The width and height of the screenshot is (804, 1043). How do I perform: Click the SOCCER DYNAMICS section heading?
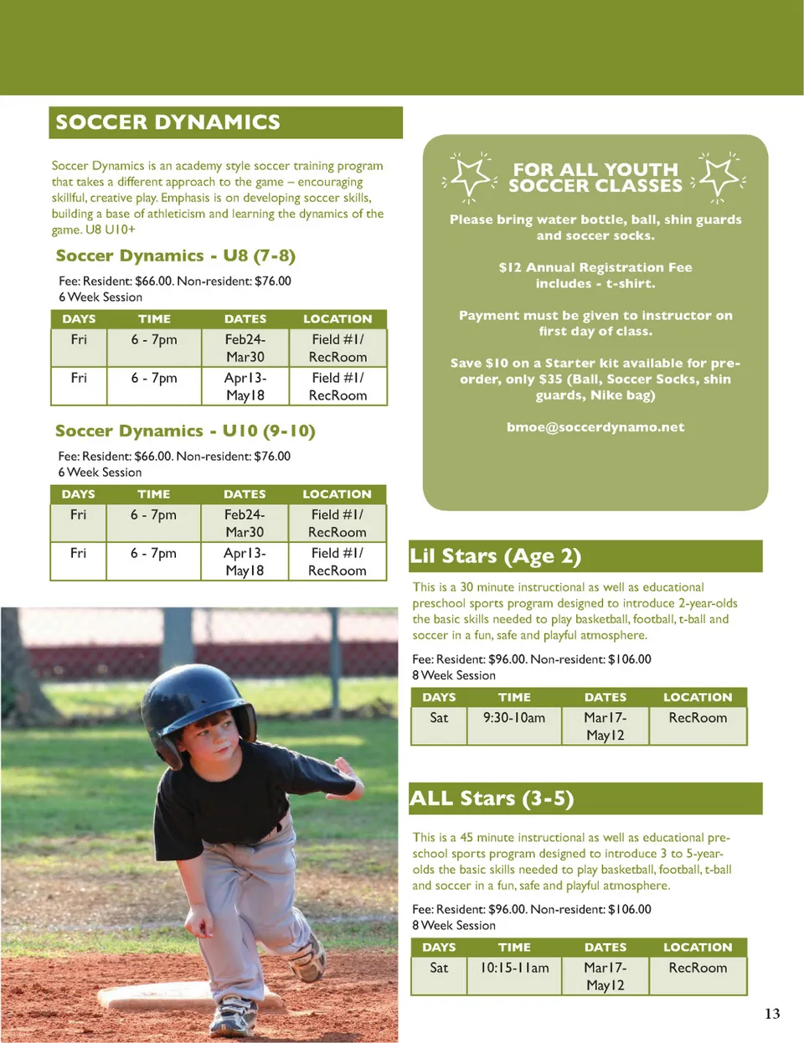click(168, 122)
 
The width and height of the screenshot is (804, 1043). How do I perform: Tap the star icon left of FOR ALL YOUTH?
click(470, 176)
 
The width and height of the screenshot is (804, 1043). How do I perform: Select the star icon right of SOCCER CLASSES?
click(719, 177)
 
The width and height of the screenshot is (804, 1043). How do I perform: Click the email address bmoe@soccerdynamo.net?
click(595, 427)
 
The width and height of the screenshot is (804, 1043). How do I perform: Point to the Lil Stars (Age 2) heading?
click(496, 556)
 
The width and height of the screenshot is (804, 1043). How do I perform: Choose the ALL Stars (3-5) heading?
click(492, 798)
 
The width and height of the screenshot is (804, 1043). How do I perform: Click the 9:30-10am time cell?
click(514, 718)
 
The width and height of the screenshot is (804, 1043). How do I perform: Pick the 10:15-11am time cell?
click(514, 968)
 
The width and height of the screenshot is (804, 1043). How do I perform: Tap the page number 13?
click(772, 1014)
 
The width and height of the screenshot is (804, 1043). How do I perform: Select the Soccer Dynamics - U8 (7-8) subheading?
click(176, 256)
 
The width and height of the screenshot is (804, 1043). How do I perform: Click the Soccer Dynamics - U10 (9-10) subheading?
click(185, 431)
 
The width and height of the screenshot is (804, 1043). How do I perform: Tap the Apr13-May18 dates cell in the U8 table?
click(245, 386)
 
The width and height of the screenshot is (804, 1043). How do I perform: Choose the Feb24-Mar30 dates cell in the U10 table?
click(245, 523)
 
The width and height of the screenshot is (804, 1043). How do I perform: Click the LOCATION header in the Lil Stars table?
click(698, 697)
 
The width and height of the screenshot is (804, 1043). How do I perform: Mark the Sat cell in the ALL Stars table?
click(439, 968)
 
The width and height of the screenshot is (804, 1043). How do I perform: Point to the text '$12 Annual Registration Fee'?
click(595, 267)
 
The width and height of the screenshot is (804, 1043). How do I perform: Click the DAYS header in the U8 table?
click(79, 318)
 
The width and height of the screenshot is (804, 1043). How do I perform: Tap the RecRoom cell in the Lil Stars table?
click(698, 718)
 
